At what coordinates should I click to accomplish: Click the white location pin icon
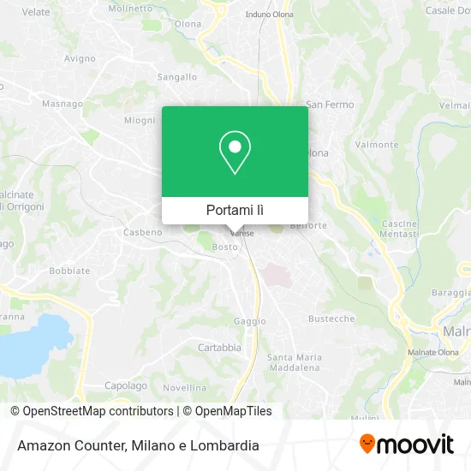235,153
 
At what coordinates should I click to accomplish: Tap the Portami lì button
235,210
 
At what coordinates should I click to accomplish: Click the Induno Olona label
269,15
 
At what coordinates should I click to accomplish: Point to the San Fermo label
330,104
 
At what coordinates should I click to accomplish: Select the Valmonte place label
378,145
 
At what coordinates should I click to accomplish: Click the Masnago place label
63,104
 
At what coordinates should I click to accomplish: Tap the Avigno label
80,58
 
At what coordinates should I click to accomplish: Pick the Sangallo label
177,77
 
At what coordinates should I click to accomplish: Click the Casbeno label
142,232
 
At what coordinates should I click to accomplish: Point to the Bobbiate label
69,271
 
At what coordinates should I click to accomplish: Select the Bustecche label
331,319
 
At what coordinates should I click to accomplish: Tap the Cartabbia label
219,348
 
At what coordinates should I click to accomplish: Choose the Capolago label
126,386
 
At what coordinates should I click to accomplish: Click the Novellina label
185,387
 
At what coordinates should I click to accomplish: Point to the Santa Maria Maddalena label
294,362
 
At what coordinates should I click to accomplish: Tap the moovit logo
407,444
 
